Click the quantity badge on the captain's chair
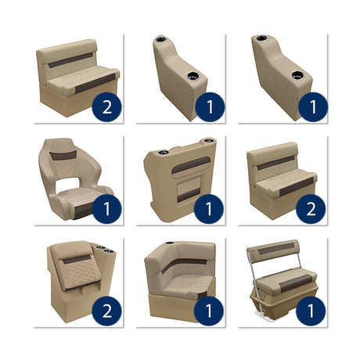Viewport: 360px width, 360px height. tap(107, 209)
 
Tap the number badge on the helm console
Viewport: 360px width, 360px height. tap(209, 209)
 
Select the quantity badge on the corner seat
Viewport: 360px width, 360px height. tap(209, 311)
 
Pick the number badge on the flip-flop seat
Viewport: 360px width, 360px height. tap(311, 311)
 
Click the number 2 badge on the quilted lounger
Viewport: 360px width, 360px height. tap(107, 311)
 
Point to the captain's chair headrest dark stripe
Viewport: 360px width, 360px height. tap(63, 156)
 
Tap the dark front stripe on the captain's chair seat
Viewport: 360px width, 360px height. tap(83, 211)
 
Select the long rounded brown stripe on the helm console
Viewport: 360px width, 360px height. tap(191, 165)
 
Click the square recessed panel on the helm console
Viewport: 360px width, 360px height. tap(189, 189)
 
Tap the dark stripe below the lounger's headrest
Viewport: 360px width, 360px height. tap(77, 259)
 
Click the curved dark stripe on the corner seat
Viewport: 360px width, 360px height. tap(182, 264)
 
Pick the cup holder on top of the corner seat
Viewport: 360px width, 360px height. tap(169, 243)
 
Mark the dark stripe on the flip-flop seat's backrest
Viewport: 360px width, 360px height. tap(276, 248)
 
